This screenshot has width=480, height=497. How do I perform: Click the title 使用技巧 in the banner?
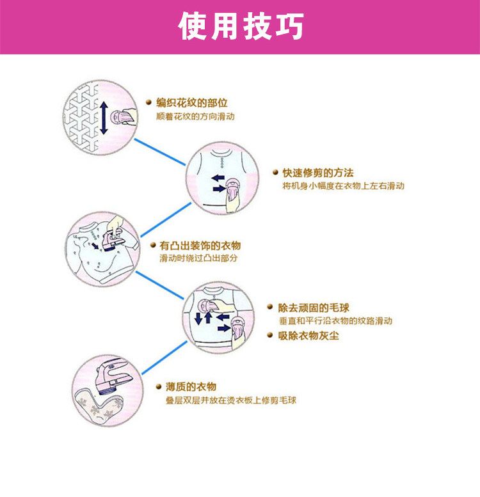coord(240,27)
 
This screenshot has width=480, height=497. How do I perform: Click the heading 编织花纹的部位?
coord(192,102)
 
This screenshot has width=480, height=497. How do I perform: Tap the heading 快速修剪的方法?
coord(318,173)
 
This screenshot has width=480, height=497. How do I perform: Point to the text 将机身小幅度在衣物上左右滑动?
coord(343,186)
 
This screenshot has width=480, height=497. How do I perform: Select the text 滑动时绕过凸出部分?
coord(198,258)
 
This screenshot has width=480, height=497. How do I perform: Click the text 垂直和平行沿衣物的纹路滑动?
coord(335,321)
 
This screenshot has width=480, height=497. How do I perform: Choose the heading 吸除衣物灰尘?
coord(309,335)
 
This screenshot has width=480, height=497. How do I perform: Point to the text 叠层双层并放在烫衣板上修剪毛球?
coord(227,400)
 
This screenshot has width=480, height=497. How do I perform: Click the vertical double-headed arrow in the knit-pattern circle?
coord(104,116)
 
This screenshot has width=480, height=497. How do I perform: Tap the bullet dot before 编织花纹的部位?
coord(149,102)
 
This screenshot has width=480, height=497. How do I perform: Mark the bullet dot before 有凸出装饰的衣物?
coord(152,245)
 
